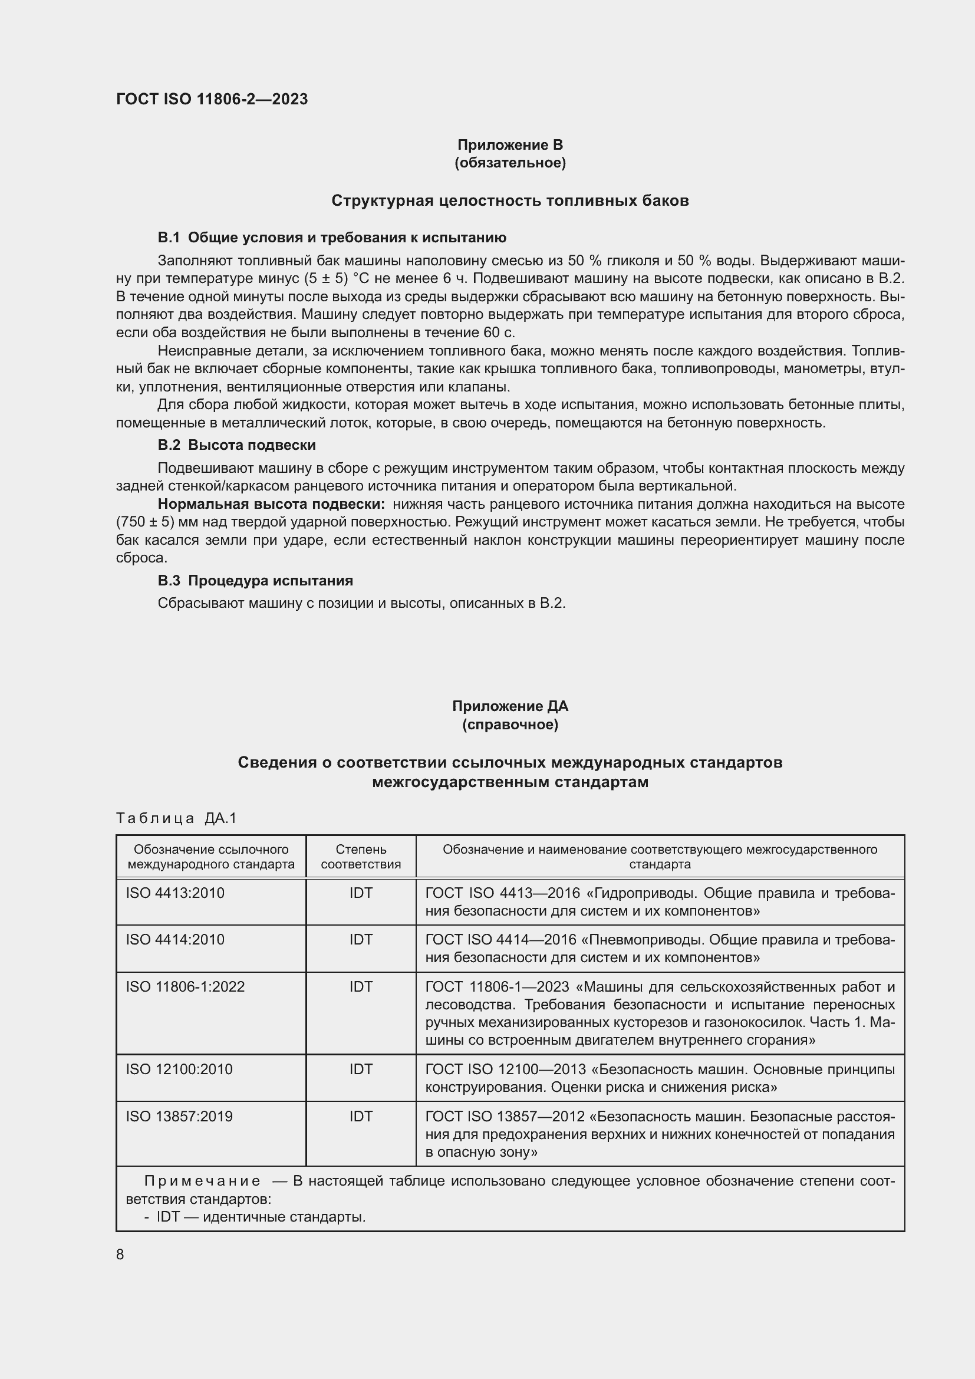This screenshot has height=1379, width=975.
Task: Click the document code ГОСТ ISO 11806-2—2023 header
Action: click(212, 100)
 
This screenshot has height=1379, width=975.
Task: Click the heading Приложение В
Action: click(510, 145)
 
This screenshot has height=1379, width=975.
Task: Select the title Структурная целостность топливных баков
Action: click(510, 200)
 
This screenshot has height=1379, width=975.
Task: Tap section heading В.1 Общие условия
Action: click(331, 238)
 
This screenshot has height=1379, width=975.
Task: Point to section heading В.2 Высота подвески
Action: click(236, 445)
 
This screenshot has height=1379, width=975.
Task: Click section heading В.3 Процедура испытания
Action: click(255, 581)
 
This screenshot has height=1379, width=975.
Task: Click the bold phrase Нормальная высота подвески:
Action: click(271, 504)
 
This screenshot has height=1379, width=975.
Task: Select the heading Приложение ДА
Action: click(510, 706)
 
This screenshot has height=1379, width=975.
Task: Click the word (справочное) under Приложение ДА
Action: click(510, 725)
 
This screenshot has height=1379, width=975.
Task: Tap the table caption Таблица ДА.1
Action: click(176, 818)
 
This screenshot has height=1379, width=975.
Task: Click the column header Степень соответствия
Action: click(361, 857)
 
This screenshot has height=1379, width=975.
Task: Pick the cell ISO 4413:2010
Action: click(174, 893)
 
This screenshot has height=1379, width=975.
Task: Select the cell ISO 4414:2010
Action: click(174, 939)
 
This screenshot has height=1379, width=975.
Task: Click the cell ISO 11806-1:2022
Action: click(185, 987)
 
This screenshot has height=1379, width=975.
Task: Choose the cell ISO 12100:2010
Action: click(179, 1069)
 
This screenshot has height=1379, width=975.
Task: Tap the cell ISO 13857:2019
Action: click(179, 1117)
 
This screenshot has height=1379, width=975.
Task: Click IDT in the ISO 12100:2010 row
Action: click(361, 1069)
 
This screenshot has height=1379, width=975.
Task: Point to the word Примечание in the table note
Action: click(202, 1181)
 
